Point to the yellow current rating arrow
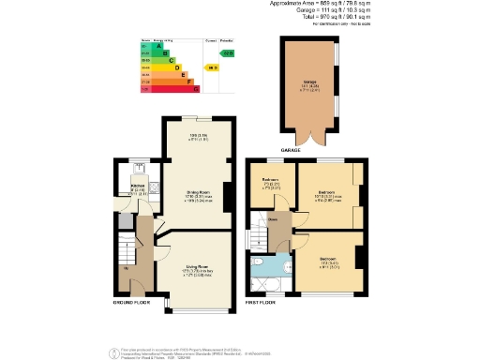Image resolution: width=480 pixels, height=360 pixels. click(213, 67)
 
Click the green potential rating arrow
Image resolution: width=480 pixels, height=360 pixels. click(228, 53)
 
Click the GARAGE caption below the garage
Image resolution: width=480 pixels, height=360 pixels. click(291, 148)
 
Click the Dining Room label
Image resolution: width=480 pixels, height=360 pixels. click(197, 195)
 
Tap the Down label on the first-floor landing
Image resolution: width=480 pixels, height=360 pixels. click(274, 220)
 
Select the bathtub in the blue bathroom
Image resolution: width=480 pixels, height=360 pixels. click(273, 280)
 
